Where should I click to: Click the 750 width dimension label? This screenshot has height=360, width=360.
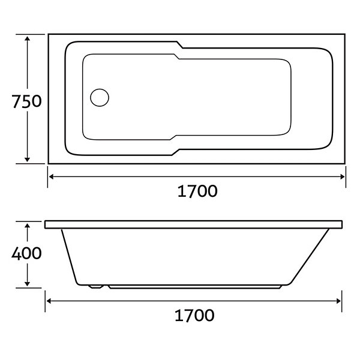click(26, 101)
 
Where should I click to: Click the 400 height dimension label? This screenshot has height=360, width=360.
click(26, 253)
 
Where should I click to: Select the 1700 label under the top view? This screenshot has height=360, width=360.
click(197, 191)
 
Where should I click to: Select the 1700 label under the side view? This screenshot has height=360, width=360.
click(194, 315)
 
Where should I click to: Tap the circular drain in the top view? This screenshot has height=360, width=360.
click(100, 98)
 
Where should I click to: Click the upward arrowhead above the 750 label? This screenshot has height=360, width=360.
click(28, 38)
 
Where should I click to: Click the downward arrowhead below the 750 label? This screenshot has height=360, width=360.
click(28, 160)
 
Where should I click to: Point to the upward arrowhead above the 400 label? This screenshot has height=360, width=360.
click(28, 226)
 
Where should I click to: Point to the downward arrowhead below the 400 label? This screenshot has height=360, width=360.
click(28, 284)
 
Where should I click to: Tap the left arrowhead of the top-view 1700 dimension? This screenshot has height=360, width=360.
click(52, 176)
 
